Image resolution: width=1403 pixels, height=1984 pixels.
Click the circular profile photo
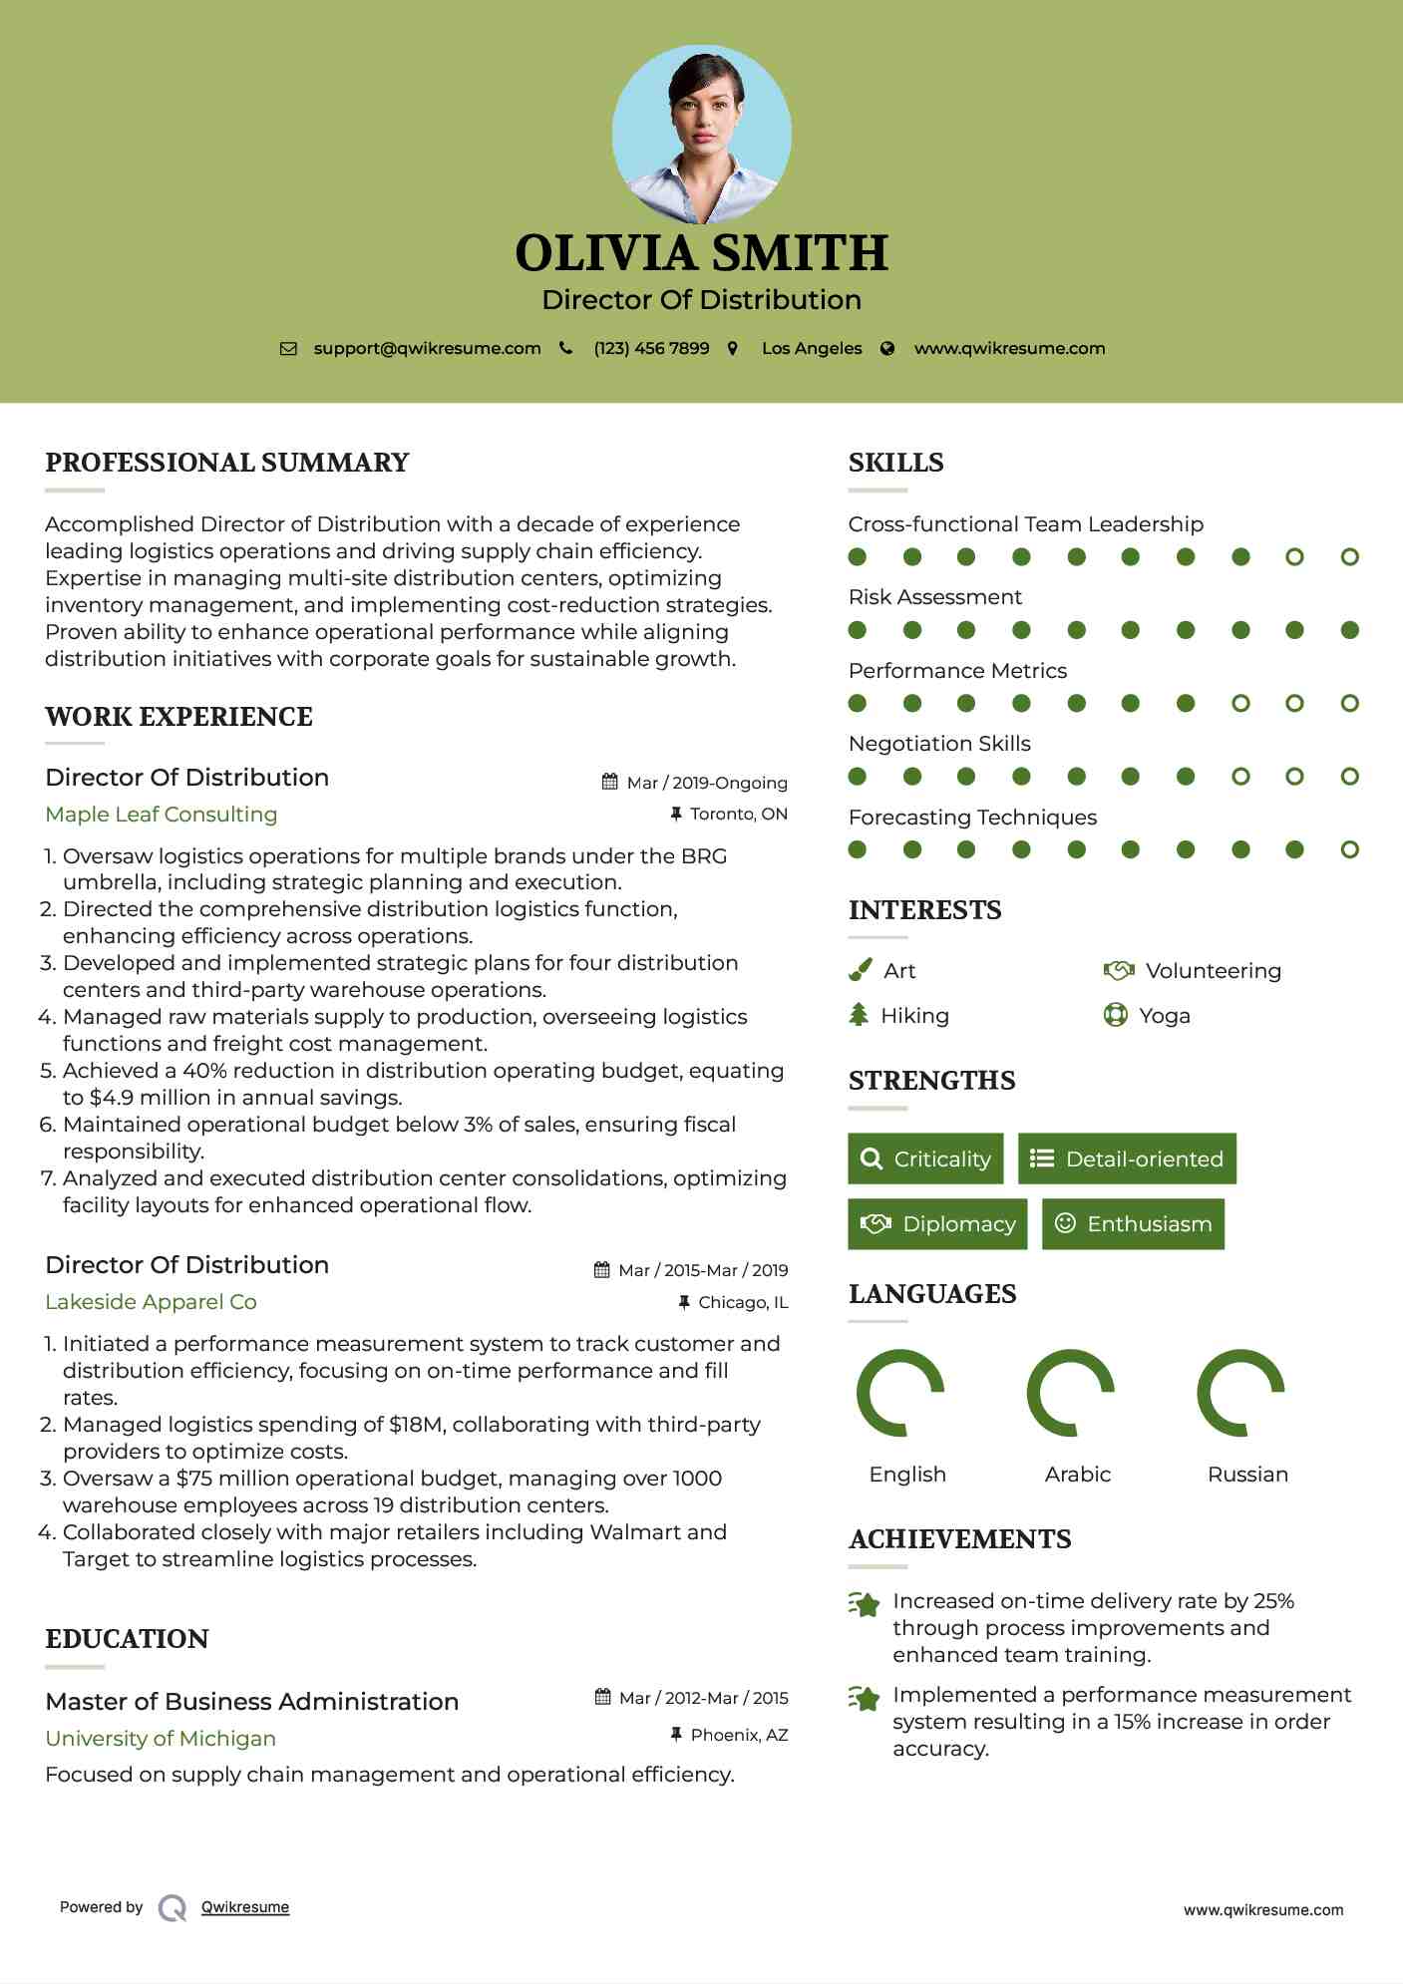[701, 134]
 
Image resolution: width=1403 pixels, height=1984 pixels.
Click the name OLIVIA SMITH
[701, 253]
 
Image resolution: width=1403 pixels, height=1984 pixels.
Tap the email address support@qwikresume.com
[427, 348]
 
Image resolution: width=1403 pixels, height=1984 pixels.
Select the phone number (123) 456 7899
[651, 348]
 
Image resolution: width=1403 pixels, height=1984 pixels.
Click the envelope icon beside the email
[288, 349]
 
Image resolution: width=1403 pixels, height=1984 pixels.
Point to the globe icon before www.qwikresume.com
[887, 349]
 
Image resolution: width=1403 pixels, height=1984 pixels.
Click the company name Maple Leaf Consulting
[161, 814]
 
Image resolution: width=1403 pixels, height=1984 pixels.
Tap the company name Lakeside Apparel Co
[151, 1301]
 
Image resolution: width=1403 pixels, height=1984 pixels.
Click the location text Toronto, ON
[738, 814]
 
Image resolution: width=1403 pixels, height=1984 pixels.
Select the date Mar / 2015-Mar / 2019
[702, 1270]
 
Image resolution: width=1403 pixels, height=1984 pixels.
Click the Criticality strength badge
[925, 1158]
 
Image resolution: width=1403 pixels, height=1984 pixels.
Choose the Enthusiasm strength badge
[1133, 1223]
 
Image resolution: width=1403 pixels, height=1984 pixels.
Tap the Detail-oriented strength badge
[1127, 1158]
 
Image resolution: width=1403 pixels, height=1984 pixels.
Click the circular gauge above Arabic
[1070, 1393]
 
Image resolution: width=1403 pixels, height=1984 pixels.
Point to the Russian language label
[1247, 1474]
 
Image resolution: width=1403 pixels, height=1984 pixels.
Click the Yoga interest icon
[1116, 1015]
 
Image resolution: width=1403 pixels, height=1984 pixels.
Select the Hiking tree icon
[859, 1015]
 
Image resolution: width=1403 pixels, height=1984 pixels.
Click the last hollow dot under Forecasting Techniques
[1349, 849]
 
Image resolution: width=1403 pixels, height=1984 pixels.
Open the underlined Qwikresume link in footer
[245, 1906]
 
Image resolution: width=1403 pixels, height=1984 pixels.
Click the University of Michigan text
[161, 1738]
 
